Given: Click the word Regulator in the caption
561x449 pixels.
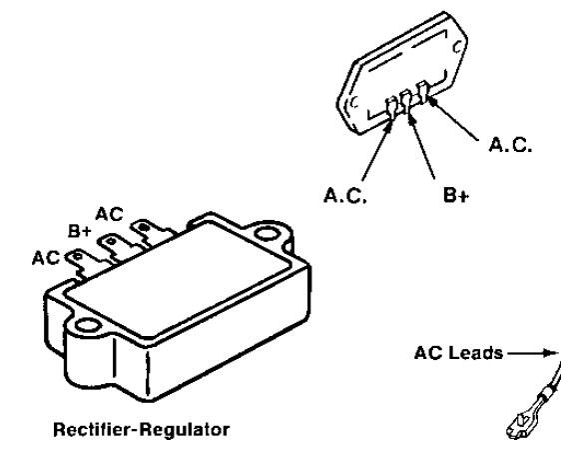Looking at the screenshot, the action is pos(185,430).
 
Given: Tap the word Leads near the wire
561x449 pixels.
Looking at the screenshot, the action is pos(475,353).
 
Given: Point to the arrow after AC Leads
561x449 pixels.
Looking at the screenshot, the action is pos(532,353).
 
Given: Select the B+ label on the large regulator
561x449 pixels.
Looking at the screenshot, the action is pos(80,231).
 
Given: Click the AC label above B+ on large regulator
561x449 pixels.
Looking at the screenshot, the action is pos(109,215).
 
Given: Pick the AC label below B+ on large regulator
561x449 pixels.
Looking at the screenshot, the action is pos(46,258).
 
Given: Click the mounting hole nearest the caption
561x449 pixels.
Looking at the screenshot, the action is pos(87,325).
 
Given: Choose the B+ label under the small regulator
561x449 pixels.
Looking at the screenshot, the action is pos(456,196).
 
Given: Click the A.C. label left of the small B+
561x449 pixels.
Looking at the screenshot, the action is pos(345,196).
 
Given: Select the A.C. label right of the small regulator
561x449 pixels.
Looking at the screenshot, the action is pos(510,145).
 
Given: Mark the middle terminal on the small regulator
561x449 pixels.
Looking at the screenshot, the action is pos(406,101).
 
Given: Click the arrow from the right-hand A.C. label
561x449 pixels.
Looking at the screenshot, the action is pos(453,118).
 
